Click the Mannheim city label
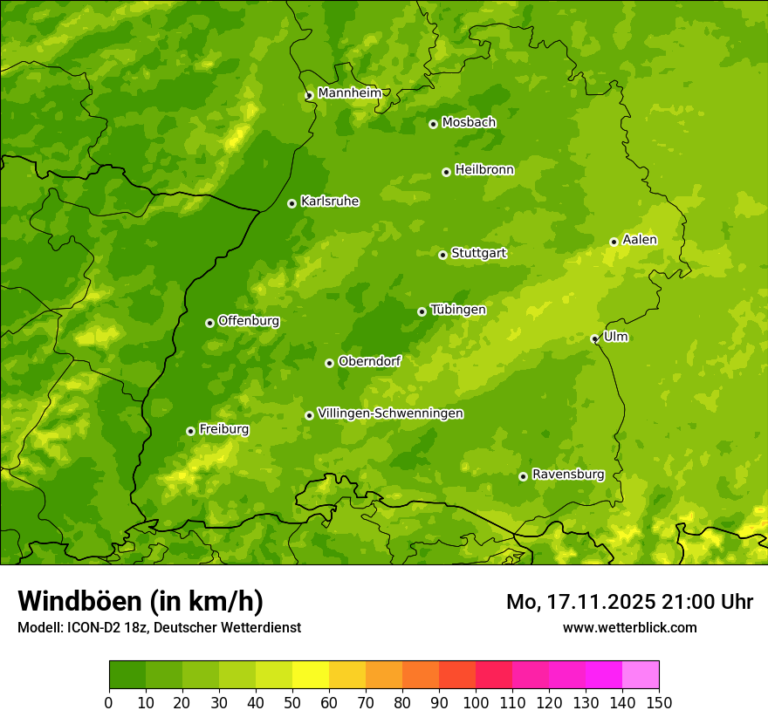click(349, 92)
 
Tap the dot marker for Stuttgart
click(442, 255)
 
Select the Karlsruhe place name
click(330, 201)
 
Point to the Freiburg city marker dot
click(190, 431)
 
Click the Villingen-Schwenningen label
click(391, 413)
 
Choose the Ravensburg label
click(568, 475)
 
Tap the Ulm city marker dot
click(594, 338)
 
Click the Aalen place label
click(640, 240)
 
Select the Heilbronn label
click(484, 170)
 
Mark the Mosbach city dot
click(433, 124)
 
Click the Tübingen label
click(458, 310)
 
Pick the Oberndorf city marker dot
click(329, 363)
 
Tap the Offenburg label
click(249, 321)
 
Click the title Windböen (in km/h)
click(140, 601)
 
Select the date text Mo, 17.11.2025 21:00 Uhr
click(629, 602)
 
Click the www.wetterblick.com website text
click(629, 627)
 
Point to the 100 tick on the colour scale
click(476, 702)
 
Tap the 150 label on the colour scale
click(659, 702)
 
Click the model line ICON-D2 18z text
click(159, 627)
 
